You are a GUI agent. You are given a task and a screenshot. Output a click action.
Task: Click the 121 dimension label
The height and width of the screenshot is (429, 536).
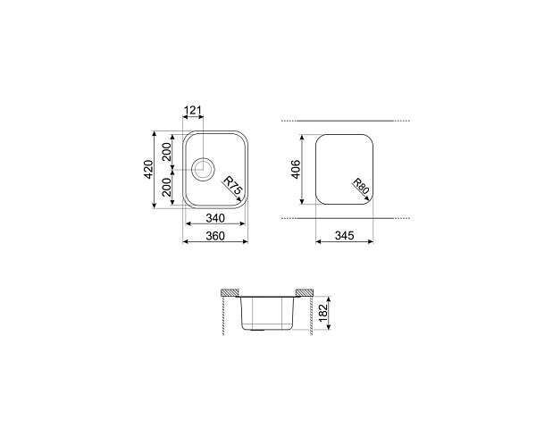coord(193,110)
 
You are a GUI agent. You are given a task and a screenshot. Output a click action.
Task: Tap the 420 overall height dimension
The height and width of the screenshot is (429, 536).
coord(148,169)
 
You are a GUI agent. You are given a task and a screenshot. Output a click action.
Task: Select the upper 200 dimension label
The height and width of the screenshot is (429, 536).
coord(166,152)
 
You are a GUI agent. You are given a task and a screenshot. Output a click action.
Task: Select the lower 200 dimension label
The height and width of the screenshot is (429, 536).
coord(166,187)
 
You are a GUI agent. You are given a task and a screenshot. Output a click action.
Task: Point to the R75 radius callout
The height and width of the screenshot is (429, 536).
coord(233,185)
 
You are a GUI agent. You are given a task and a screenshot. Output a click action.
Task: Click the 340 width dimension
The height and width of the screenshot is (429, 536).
coord(215,217)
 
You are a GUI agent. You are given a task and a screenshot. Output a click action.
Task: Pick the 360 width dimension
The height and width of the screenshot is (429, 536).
coord(215,236)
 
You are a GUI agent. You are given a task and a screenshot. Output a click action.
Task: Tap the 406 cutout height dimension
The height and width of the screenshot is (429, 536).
coord(296,169)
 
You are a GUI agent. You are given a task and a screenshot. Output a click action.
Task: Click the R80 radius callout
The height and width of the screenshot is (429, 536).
coord(361,186)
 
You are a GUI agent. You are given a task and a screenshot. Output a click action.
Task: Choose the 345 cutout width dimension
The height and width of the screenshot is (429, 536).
coord(344,236)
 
